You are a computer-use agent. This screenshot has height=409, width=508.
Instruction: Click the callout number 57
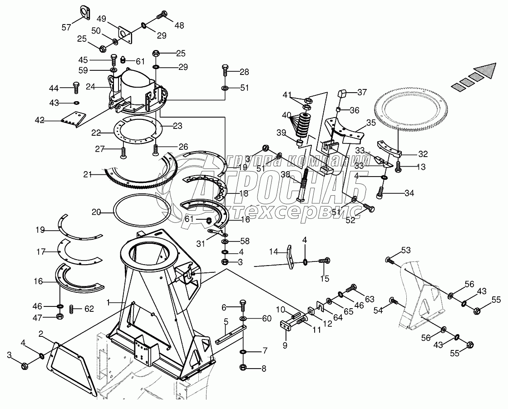[x=67, y=27]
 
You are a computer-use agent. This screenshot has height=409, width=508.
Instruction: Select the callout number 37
[x=362, y=93]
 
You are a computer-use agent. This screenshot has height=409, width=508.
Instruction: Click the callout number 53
[x=405, y=250]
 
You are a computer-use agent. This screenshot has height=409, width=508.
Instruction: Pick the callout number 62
[x=89, y=309]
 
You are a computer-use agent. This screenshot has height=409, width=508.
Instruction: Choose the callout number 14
[x=273, y=251]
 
